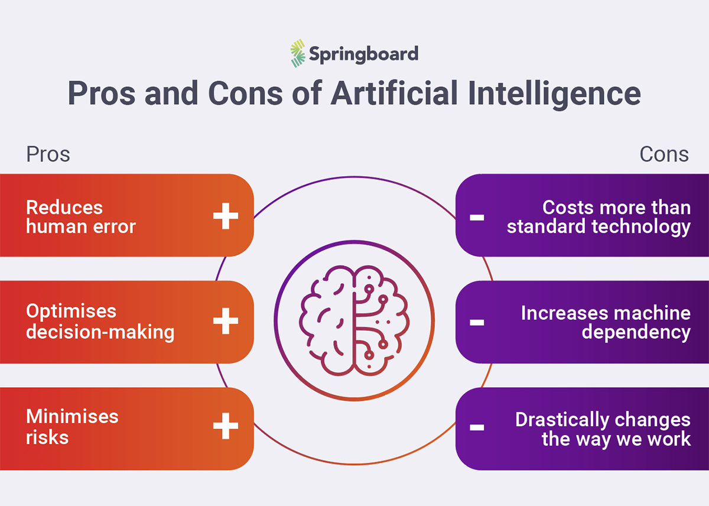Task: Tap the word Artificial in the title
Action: [402, 93]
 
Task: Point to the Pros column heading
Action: [48, 154]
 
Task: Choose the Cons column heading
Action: [664, 154]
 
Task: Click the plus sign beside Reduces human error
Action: [225, 217]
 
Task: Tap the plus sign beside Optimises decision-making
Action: [225, 322]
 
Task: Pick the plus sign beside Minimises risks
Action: [225, 427]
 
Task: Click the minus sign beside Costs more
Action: [477, 218]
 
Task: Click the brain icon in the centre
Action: [354, 322]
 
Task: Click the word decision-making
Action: [100, 332]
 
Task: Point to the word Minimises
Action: [72, 416]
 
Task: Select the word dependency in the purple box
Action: [636, 332]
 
